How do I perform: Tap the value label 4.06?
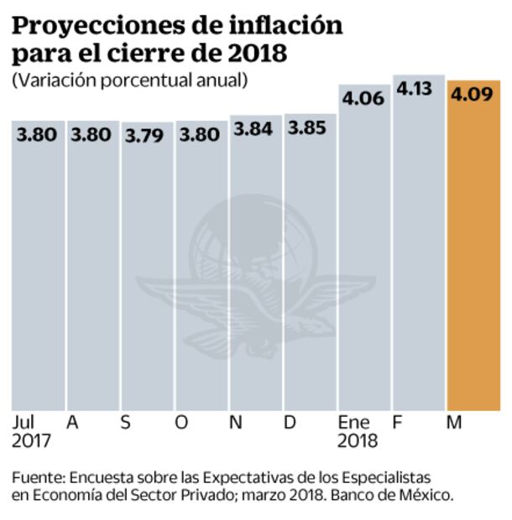363,98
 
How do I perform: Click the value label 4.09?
472,94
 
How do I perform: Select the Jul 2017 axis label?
31,431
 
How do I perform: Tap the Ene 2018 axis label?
357,431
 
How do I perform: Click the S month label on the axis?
126,423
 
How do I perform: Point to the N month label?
236,423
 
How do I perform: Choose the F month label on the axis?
398,423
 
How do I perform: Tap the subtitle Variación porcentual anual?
130,81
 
